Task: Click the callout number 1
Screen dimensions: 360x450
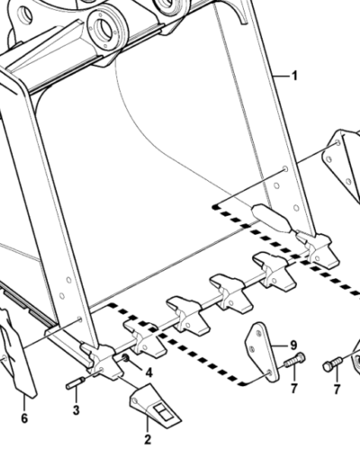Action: (294, 76)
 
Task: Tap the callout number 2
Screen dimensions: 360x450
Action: (148, 439)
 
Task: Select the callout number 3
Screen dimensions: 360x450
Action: (76, 409)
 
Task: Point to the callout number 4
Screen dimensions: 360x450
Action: (148, 373)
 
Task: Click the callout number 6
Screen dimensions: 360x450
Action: (24, 418)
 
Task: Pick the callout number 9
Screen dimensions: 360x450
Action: (293, 346)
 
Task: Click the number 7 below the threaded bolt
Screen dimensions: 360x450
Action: (293, 388)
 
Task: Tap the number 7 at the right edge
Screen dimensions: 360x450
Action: (337, 389)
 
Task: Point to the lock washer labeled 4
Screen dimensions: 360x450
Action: (125, 357)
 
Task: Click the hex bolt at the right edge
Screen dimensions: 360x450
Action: (333, 363)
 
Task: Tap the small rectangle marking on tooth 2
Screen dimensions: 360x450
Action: (162, 411)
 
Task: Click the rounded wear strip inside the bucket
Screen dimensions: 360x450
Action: (272, 218)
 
